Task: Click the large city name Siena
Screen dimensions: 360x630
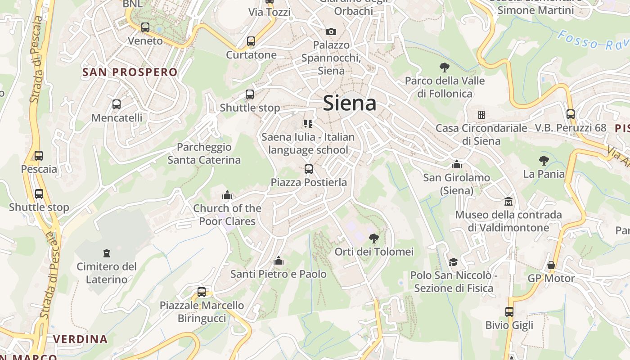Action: click(350, 103)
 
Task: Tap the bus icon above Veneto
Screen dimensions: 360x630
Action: click(145, 27)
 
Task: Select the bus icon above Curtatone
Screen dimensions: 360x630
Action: click(251, 41)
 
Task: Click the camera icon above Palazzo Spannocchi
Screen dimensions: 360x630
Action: click(331, 31)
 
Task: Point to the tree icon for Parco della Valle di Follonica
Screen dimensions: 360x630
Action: click(445, 67)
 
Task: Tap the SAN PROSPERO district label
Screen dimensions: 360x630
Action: click(130, 72)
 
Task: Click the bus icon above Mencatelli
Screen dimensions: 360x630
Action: click(117, 104)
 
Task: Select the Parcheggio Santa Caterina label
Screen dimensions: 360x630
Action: click(204, 153)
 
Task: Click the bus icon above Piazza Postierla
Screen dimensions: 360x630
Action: click(309, 169)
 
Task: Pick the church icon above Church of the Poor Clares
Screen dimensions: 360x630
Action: click(227, 195)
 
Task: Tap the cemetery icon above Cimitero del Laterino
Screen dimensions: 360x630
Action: click(107, 253)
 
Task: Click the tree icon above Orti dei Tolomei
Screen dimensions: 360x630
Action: click(373, 238)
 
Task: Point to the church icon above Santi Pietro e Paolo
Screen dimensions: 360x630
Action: click(279, 261)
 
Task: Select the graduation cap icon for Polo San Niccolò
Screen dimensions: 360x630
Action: click(453, 262)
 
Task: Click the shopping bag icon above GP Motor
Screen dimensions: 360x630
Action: click(551, 265)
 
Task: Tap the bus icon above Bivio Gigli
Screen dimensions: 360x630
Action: click(509, 312)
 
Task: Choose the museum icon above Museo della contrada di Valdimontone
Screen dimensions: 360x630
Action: click(508, 201)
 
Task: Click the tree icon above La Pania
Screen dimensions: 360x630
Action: click(544, 160)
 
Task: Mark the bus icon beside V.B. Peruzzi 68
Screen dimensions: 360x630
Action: click(571, 114)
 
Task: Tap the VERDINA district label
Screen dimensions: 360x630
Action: click(81, 339)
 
